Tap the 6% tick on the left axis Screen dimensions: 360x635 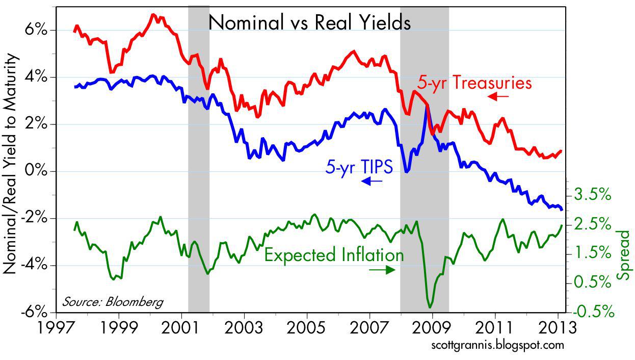tap(34, 30)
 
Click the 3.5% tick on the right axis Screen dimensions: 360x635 tap(592, 195)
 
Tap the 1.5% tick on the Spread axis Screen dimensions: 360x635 tap(592, 253)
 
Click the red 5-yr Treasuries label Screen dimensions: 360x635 tap(474, 83)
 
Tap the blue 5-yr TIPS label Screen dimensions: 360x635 tap(359, 167)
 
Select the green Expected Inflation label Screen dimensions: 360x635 tap(334, 254)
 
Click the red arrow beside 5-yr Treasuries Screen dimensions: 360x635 tap(498, 96)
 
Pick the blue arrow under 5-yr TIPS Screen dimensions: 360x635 tap(372, 181)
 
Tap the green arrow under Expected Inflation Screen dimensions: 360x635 tap(382, 270)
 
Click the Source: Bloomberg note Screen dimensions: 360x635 tap(113, 302)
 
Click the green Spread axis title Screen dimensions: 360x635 tap(624, 254)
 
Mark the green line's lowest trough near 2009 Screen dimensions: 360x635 tap(431, 306)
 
